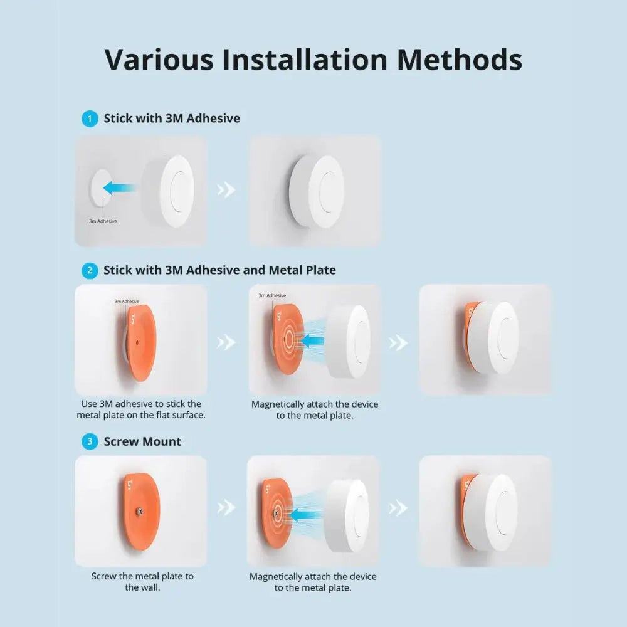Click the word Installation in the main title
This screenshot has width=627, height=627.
pos(305,60)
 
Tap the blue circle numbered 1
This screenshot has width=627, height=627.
pos(90,118)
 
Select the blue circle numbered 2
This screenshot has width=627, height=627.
pos(90,270)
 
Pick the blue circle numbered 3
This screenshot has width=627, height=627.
pos(90,441)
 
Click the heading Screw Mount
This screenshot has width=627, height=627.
pos(142,441)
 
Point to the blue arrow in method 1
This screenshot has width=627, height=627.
pos(119,187)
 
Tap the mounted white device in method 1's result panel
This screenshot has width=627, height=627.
pos(318,191)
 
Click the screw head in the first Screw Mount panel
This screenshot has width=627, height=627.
pos(140,512)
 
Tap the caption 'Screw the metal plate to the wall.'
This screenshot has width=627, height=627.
pos(142,582)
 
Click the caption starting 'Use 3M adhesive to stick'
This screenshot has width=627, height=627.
pos(141,409)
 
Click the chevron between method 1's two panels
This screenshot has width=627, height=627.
pos(226,189)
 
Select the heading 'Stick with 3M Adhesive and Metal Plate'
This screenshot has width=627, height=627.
pos(219,270)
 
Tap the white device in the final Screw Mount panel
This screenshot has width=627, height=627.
pos(492,512)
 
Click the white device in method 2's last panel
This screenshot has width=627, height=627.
pos(493,338)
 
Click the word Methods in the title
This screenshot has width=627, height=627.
pos(459,60)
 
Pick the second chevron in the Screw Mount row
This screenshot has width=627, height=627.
pos(398,508)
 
